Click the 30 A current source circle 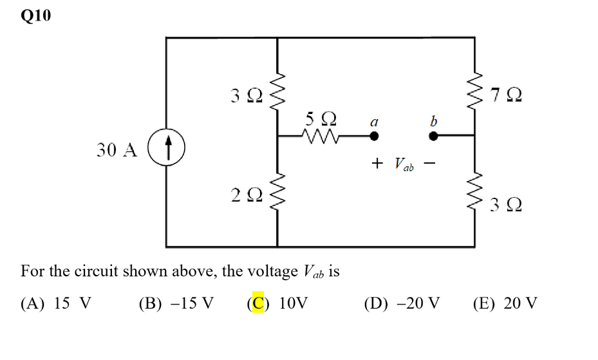pyautogui.click(x=167, y=149)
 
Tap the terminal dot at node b pyautogui.click(x=434, y=136)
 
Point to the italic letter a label pyautogui.click(x=373, y=120)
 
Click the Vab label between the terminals pyautogui.click(x=403, y=165)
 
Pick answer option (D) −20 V pyautogui.click(x=402, y=303)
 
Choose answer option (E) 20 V pyautogui.click(x=505, y=303)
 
